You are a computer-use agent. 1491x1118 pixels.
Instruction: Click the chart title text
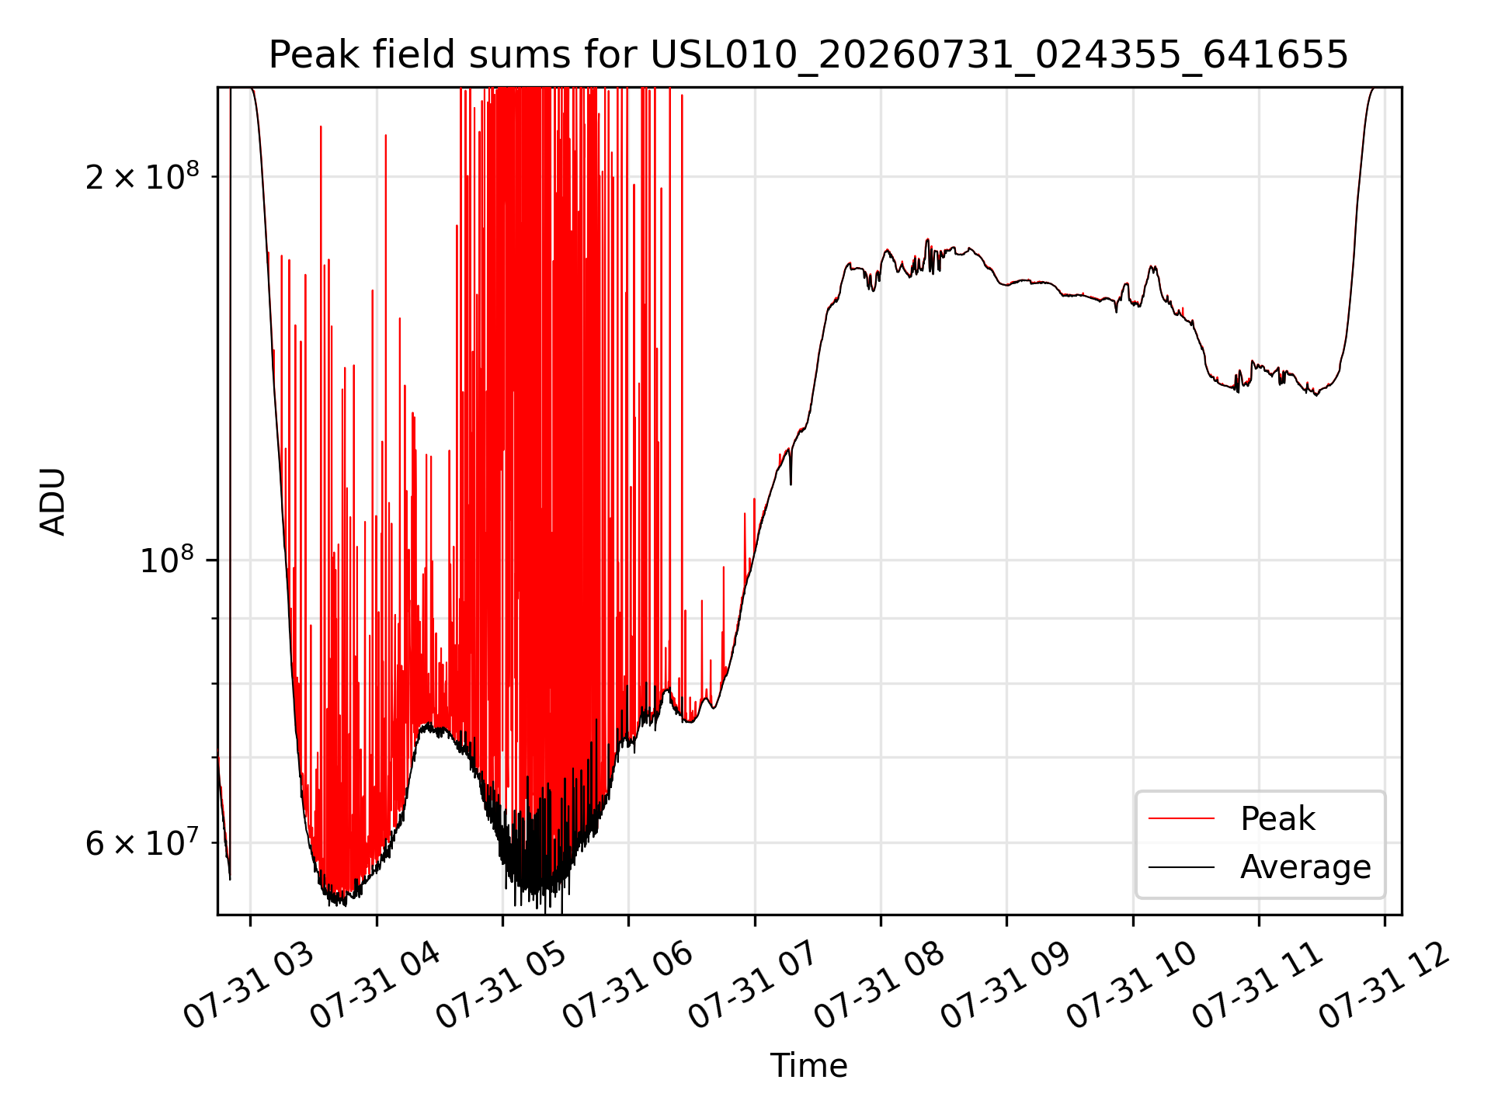coord(808,55)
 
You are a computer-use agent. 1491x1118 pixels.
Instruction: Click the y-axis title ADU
coord(53,502)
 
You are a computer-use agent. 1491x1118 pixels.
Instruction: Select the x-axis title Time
coord(808,1065)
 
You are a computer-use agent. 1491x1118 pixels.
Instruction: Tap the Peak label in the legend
coord(1277,819)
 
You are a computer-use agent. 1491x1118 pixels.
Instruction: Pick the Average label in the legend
coord(1305,867)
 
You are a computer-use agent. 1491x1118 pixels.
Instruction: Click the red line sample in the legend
coord(1181,818)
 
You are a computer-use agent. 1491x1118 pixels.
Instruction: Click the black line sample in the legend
coord(1181,866)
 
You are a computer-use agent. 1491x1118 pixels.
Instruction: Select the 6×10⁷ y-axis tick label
coord(142,842)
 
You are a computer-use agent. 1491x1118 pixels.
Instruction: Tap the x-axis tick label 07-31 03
coord(248,986)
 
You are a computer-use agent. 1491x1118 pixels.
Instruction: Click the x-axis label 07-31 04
coord(374,986)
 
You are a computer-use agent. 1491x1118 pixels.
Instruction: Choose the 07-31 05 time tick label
coord(501,986)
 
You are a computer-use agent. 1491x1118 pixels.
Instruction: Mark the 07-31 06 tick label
coord(627,986)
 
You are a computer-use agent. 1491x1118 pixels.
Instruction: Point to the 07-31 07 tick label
coord(753,986)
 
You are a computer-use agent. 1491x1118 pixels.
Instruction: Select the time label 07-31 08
coord(879,986)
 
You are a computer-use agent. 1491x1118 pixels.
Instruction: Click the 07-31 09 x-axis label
coord(1006,986)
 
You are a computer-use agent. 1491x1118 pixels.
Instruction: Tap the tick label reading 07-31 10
coord(1131,986)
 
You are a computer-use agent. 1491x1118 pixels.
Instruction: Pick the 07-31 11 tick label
coord(1258,986)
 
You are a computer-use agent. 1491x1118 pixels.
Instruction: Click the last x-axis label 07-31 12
coord(1384,986)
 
